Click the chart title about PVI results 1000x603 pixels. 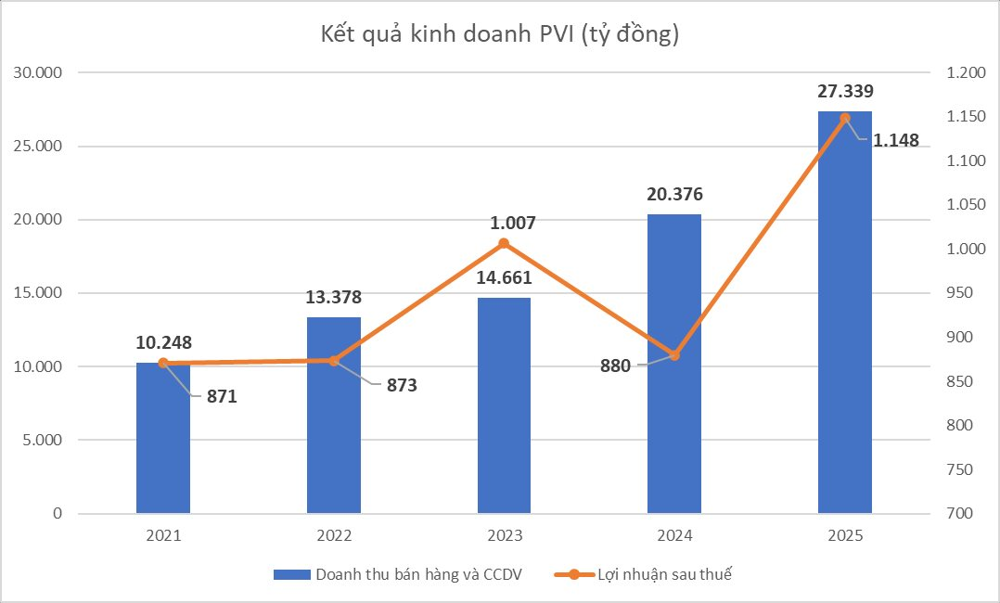(x=500, y=35)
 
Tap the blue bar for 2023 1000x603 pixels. (x=504, y=408)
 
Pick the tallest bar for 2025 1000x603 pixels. (x=844, y=315)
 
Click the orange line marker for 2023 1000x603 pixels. (x=504, y=243)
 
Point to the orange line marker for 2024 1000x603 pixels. (x=674, y=355)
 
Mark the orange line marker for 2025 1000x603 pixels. (x=844, y=118)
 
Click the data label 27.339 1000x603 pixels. (x=844, y=91)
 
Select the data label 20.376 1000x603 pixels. (x=674, y=194)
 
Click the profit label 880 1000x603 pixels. (x=615, y=366)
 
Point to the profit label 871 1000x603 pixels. (x=222, y=396)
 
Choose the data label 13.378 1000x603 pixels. (x=334, y=297)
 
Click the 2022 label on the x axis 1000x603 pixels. (x=334, y=536)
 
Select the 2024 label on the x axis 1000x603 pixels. (x=674, y=536)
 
